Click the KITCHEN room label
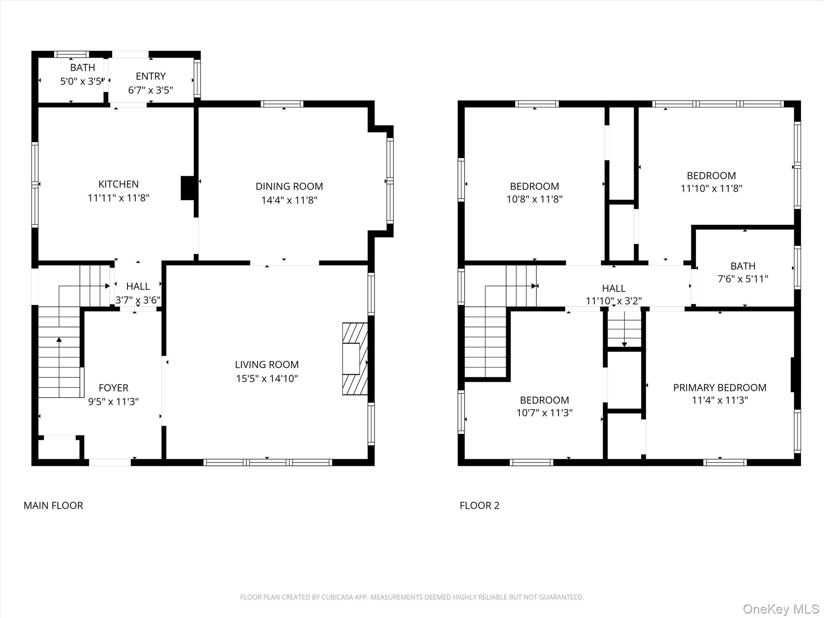[118, 184]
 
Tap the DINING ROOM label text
[289, 186]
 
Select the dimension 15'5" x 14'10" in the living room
[267, 379]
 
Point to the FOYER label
[113, 388]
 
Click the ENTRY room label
[150, 76]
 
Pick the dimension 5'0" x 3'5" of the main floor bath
[82, 82]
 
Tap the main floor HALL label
[138, 286]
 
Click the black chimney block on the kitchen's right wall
[187, 188]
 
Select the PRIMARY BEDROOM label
[720, 388]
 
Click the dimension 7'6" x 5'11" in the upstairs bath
[743, 279]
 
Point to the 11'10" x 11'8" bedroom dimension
[711, 188]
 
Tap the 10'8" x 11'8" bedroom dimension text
[534, 199]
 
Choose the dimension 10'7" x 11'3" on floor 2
[544, 413]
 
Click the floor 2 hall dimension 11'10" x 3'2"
[614, 301]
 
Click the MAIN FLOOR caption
[53, 506]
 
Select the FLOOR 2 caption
[479, 506]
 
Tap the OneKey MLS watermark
[781, 609]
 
